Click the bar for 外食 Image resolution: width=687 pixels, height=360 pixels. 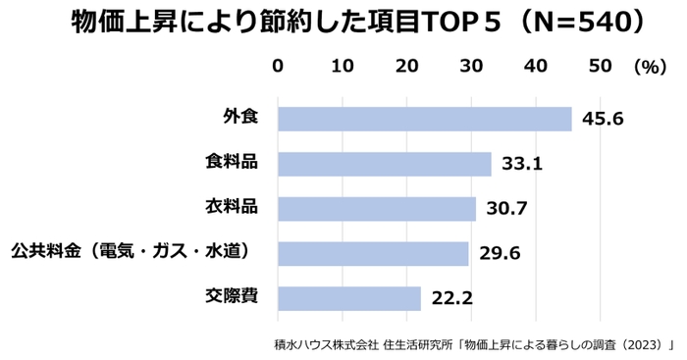[424, 119]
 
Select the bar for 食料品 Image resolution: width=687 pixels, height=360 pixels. [384, 164]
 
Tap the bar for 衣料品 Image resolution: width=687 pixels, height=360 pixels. [376, 209]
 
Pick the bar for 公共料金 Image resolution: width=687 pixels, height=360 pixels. [373, 253]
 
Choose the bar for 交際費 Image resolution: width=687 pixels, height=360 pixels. [348, 298]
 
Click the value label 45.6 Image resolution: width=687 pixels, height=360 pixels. [603, 120]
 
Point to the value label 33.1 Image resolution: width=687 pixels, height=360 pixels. [522, 165]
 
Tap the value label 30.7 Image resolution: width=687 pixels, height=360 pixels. [506, 209]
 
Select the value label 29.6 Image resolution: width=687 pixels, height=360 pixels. [500, 254]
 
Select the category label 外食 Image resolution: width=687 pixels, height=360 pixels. [238, 118]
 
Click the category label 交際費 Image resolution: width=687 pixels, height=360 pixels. [231, 296]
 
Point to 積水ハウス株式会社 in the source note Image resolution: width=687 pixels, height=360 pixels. [325, 344]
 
